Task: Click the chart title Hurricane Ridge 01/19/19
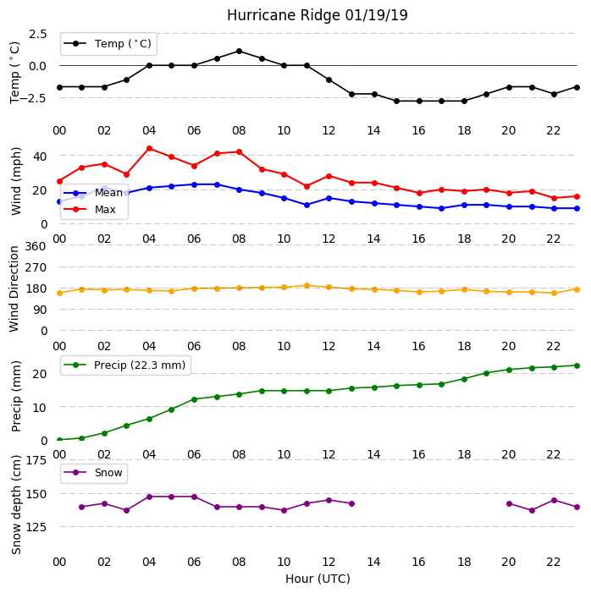[x=318, y=15]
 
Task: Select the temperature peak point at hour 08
[x=239, y=51]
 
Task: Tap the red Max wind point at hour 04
[x=149, y=149]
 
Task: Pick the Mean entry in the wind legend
[x=93, y=193]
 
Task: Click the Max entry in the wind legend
[x=90, y=210]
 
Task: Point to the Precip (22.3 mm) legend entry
[x=125, y=365]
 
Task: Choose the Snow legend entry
[x=93, y=473]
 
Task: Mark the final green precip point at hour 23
[x=577, y=365]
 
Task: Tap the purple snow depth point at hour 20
[x=509, y=503]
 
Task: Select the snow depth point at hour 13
[x=351, y=503]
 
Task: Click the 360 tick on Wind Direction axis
[x=36, y=246]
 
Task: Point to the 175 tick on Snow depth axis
[x=36, y=460]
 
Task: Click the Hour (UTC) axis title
[x=318, y=579]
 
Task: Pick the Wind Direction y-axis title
[x=14, y=289]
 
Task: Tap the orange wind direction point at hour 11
[x=307, y=286]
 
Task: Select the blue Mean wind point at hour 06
[x=194, y=184]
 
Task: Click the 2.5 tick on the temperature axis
[x=37, y=34]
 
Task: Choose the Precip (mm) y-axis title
[x=16, y=397]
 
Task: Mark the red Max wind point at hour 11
[x=307, y=186]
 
